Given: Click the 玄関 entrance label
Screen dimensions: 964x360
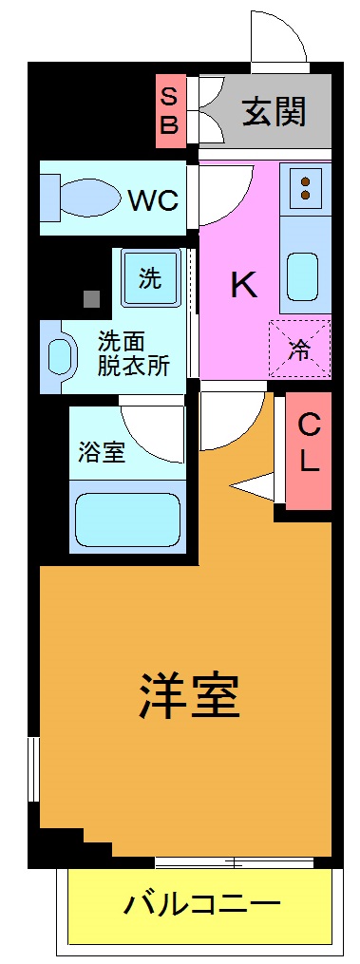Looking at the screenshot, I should pos(274,112).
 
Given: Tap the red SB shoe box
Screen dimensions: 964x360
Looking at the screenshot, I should pos(169,111).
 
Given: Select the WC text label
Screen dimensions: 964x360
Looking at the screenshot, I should pos(153,201).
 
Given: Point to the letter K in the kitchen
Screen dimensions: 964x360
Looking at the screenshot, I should pos(244,285).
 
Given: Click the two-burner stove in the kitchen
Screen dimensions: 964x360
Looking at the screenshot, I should pos(306,184).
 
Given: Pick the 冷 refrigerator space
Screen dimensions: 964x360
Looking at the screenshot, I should pos(299,349).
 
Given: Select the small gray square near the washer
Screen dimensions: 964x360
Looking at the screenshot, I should pos(91,298).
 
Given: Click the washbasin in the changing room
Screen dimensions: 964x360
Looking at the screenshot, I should pos(59,356).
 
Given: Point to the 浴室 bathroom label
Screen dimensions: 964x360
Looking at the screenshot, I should pos(101,451).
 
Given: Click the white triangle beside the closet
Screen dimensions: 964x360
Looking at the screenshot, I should pos(254,485).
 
